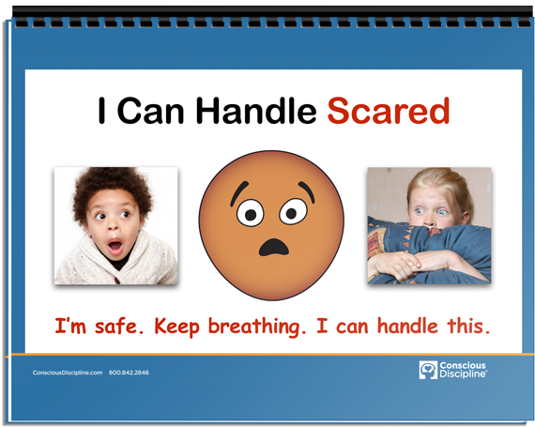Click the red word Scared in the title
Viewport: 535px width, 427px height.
pyautogui.click(x=389, y=111)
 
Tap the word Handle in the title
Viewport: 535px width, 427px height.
pyautogui.click(x=256, y=111)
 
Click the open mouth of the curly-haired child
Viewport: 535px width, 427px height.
pyautogui.click(x=115, y=246)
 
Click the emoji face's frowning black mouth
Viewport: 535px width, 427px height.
pyautogui.click(x=274, y=247)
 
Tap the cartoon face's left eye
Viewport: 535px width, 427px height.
pyautogui.click(x=250, y=214)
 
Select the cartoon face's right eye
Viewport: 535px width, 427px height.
pyautogui.click(x=293, y=212)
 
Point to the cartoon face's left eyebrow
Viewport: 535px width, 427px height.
pyautogui.click(x=238, y=192)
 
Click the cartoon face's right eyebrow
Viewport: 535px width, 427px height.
pyautogui.click(x=307, y=191)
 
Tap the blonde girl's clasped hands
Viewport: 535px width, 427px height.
pyautogui.click(x=406, y=264)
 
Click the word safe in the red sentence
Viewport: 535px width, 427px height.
pyautogui.click(x=115, y=326)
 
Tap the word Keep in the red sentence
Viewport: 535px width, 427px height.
pyautogui.click(x=176, y=328)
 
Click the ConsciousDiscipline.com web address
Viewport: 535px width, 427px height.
pyautogui.click(x=68, y=373)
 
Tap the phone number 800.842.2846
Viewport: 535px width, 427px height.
pyautogui.click(x=129, y=373)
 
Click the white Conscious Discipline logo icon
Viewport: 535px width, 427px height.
pyautogui.click(x=428, y=370)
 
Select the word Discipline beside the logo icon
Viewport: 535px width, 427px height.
pyautogui.click(x=463, y=374)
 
